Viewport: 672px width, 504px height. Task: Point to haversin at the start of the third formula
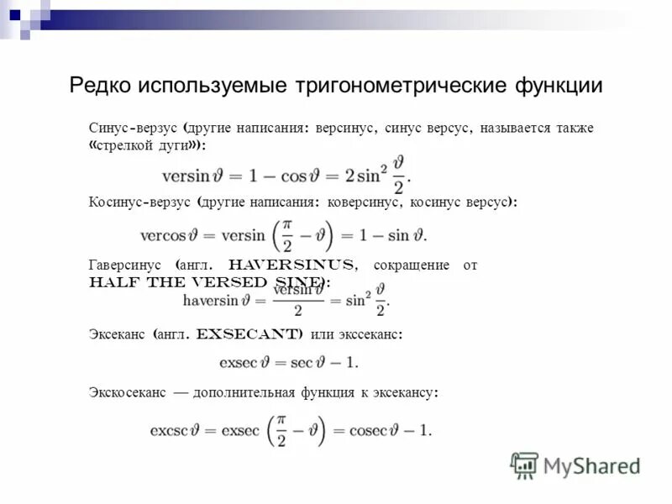(210, 300)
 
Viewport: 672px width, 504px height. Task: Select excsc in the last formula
(167, 431)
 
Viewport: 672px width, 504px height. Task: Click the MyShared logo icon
(525, 465)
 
